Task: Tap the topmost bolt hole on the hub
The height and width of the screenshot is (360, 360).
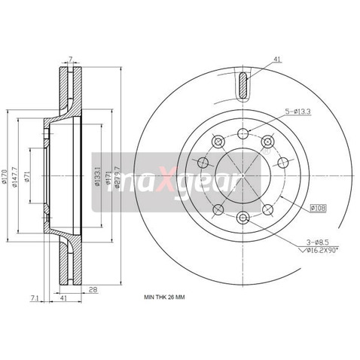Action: tap(242, 134)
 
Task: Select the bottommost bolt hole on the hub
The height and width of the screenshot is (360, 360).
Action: tap(242, 218)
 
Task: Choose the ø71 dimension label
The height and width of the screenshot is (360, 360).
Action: tap(26, 176)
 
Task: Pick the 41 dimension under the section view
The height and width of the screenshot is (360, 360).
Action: tap(64, 299)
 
